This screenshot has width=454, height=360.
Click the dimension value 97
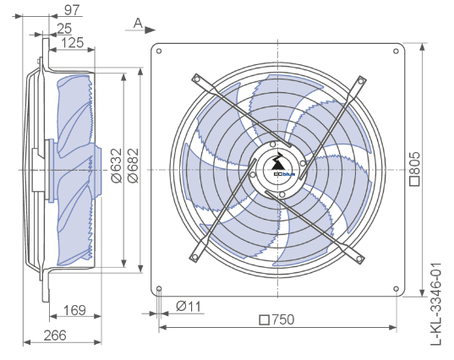(72, 10)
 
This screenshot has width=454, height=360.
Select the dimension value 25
(64, 29)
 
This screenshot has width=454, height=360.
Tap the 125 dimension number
(73, 42)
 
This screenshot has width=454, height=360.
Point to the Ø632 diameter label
(117, 166)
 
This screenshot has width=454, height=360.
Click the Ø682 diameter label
(134, 166)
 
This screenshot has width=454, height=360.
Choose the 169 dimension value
(74, 310)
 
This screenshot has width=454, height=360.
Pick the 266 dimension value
(55, 335)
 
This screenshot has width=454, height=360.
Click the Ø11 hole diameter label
(189, 306)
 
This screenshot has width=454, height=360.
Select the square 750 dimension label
(276, 319)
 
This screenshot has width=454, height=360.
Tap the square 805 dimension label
(414, 168)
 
